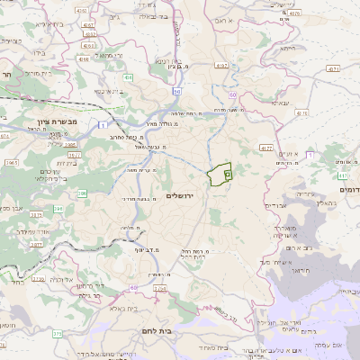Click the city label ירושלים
181,195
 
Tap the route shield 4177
265,145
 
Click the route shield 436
129,78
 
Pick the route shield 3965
12,161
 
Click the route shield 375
57,334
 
